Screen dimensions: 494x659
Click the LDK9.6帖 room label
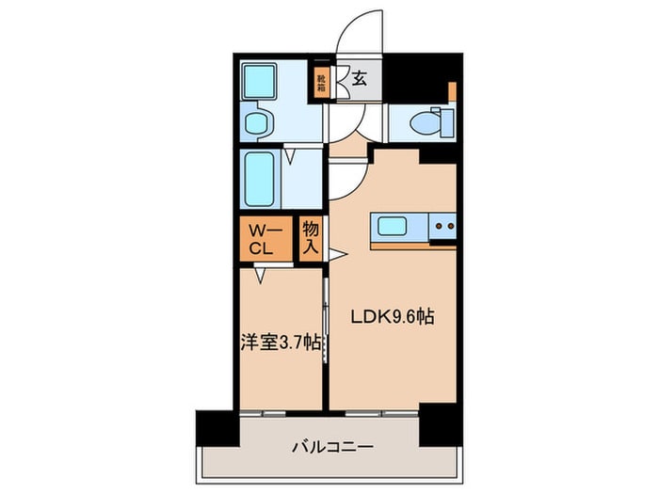(x=393, y=318)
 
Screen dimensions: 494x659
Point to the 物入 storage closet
(x=311, y=239)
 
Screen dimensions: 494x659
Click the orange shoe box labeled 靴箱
(x=321, y=82)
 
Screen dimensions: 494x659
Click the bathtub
(x=259, y=179)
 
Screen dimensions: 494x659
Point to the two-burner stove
(x=442, y=227)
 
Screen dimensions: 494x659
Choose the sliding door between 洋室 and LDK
(x=326, y=320)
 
